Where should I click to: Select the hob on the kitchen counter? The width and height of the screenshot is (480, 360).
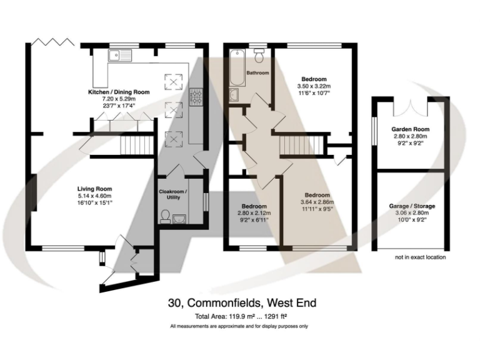(196, 96)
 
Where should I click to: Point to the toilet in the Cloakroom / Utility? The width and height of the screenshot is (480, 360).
(165, 217)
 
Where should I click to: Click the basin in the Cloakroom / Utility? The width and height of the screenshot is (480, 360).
(181, 218)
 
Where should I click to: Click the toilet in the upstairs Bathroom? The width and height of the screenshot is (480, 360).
(259, 56)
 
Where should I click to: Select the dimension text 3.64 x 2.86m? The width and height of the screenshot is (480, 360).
(317, 202)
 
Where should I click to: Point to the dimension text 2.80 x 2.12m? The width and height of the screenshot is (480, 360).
(254, 213)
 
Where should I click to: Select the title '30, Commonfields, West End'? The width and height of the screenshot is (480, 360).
(242, 304)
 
